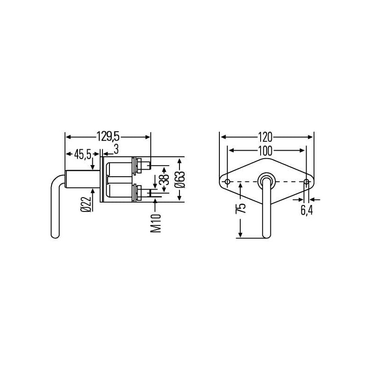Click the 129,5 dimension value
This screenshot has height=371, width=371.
[108, 137]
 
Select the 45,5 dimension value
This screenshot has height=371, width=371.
[83, 154]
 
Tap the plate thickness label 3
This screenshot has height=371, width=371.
[116, 149]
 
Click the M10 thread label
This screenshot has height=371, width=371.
[156, 223]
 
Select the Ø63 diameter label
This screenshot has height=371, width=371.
[180, 179]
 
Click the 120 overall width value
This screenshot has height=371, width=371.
[265, 137]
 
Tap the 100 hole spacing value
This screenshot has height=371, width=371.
[265, 151]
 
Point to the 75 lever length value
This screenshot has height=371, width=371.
[241, 208]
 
